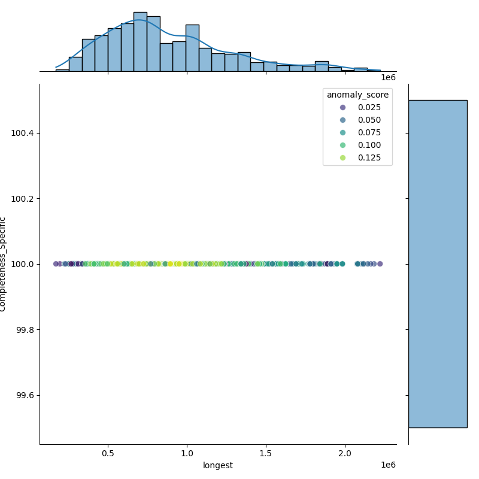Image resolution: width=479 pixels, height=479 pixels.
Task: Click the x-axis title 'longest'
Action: click(218, 465)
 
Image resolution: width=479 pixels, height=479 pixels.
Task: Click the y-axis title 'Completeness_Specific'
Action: click(3, 264)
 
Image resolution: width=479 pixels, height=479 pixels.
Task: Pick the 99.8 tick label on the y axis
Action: click(25, 330)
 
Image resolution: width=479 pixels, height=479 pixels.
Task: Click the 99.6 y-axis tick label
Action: click(25, 396)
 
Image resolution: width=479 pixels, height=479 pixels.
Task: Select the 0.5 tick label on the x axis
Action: click(108, 454)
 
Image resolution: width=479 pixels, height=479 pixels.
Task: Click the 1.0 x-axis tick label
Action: click(187, 454)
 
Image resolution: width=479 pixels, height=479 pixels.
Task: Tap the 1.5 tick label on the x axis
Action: click(266, 454)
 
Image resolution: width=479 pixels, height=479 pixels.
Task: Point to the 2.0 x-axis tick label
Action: click(345, 454)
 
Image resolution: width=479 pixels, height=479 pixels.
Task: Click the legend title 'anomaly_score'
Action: click(357, 95)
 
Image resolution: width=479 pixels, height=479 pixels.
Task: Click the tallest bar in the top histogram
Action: click(140, 42)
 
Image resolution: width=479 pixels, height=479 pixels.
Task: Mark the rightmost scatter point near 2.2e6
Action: click(380, 264)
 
